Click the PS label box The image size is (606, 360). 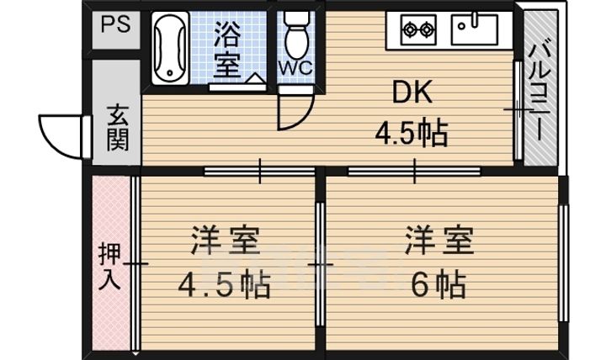116,24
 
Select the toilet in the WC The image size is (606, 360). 295,34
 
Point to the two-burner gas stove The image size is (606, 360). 418,29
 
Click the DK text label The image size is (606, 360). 412,93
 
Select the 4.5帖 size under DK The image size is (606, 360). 410,132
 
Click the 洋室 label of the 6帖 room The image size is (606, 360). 439,241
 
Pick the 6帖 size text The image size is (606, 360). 439,286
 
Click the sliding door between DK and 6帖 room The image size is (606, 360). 414,171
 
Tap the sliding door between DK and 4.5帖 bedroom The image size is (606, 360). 260,171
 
